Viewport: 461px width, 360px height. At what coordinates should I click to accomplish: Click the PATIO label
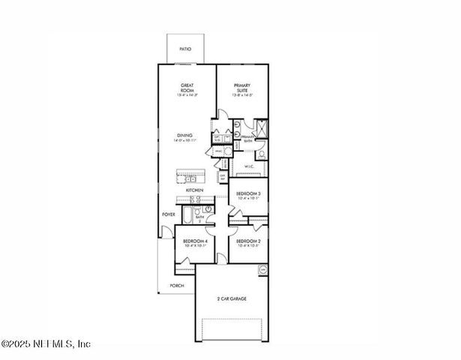point(184,49)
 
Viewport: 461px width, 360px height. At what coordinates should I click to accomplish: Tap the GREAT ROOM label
point(187,88)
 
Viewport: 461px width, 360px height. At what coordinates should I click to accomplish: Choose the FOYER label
point(168,214)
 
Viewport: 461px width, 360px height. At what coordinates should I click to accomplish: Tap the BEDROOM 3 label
point(248,194)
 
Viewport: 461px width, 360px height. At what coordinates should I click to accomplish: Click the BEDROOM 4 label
point(195,241)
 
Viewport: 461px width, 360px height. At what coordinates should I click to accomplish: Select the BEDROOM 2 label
point(248,241)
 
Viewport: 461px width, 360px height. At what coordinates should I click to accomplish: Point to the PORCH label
point(177,286)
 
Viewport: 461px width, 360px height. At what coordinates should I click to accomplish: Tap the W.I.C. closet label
point(250,166)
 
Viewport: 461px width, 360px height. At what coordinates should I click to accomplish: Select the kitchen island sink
point(190,178)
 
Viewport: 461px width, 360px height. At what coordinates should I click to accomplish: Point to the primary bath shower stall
point(261,127)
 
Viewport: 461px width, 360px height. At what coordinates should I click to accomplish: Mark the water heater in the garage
point(262,269)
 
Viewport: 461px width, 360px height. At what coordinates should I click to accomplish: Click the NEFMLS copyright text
point(46,344)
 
